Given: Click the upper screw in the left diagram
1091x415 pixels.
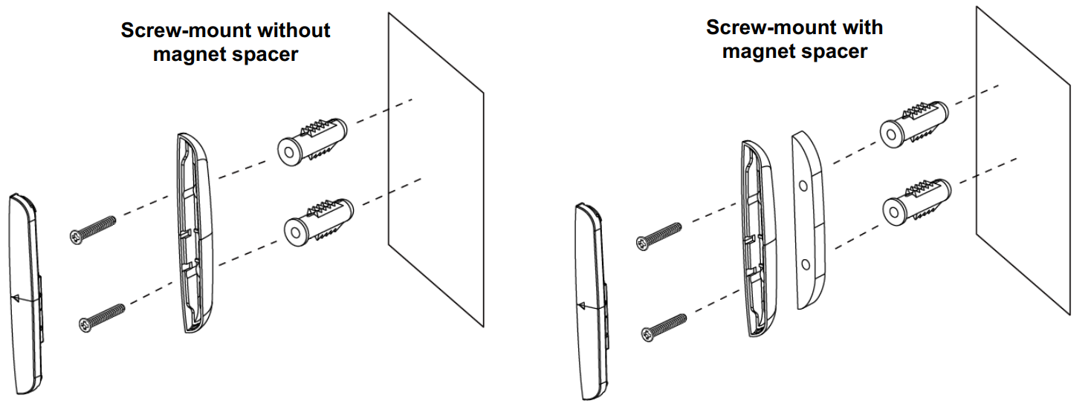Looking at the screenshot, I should (93, 229).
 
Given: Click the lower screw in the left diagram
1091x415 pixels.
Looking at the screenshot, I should (101, 315).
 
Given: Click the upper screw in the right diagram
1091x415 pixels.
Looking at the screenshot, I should (658, 233).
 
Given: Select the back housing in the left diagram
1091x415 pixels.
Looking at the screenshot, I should (195, 234).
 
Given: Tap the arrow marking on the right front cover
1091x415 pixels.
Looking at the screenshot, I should (582, 305).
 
